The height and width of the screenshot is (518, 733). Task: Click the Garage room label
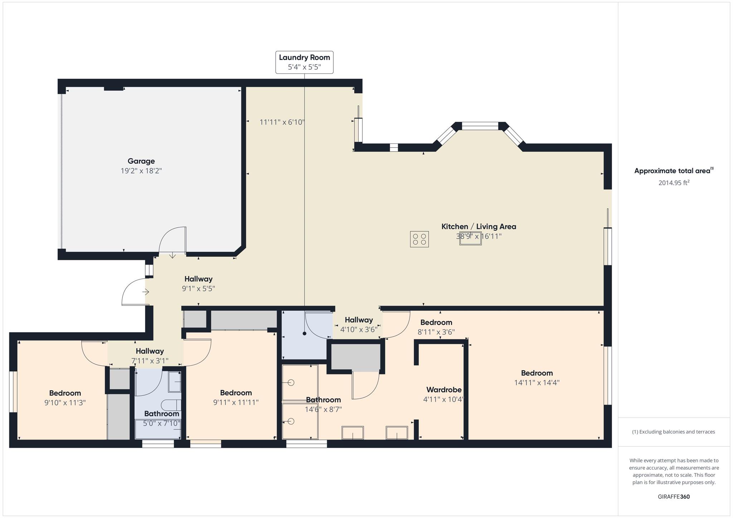tap(141, 161)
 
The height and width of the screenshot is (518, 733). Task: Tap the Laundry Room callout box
tap(304, 62)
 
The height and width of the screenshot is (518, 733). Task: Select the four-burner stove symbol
tap(419, 239)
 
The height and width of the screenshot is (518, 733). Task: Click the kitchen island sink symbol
tap(470, 238)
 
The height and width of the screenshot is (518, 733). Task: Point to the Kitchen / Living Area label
tap(479, 227)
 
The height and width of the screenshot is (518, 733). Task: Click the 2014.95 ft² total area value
tap(674, 183)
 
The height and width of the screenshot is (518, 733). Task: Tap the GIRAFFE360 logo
tap(674, 497)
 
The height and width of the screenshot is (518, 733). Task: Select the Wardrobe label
tap(444, 389)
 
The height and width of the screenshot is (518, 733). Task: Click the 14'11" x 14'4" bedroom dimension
tap(537, 383)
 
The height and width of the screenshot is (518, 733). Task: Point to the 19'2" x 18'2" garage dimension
tap(141, 171)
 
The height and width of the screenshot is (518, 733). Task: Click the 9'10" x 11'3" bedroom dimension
tap(65, 403)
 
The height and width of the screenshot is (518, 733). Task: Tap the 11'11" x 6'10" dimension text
tap(282, 122)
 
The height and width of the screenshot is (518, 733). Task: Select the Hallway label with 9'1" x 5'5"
tap(198, 279)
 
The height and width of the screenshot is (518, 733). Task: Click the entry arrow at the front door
tap(145, 292)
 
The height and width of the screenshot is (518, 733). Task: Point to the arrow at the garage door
tap(173, 255)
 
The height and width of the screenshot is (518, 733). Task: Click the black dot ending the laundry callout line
tap(304, 333)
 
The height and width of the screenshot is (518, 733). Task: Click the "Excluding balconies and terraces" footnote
tap(673, 432)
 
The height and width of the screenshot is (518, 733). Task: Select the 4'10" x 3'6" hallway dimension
tap(359, 330)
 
